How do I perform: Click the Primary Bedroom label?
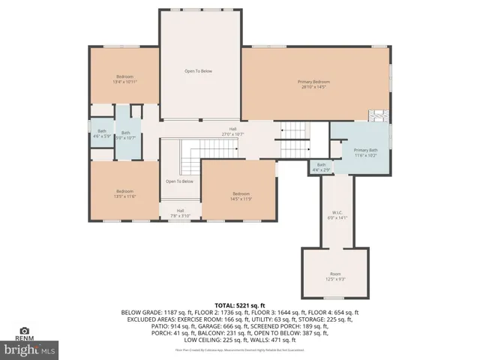(313, 84)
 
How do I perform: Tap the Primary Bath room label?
(366, 152)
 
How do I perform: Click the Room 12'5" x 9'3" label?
(335, 276)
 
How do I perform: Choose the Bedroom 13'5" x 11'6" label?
(124, 193)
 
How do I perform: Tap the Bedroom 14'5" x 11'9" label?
(240, 196)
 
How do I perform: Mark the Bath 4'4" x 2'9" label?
(321, 167)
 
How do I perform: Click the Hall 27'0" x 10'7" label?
(234, 132)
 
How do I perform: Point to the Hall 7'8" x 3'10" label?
(180, 212)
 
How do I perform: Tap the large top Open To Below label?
(199, 71)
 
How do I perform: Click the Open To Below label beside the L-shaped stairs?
(179, 181)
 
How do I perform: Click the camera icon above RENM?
(25, 330)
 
